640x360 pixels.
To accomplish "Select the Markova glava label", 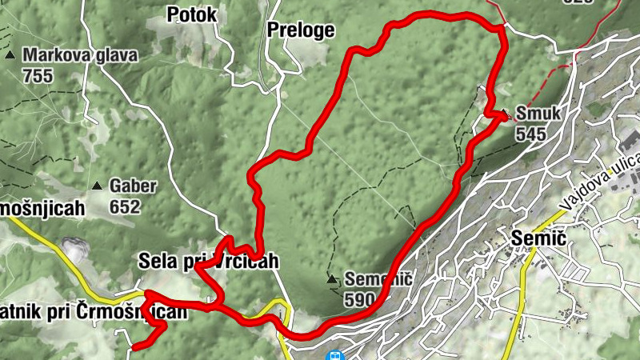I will tap(80, 55).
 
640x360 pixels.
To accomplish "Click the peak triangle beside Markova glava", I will tap(10, 56).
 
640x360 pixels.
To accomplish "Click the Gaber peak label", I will tap(133, 186).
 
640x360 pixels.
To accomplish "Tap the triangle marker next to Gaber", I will tap(97, 186).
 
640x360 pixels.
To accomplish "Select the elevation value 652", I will tap(126, 207).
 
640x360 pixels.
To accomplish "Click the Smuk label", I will tap(539, 114).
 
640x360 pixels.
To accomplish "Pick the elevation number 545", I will tap(530, 134).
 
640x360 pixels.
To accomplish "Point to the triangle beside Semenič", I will tap(332, 279).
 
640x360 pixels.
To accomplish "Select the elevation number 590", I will tap(360, 300).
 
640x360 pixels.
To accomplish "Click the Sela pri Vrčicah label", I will tap(208, 261).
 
